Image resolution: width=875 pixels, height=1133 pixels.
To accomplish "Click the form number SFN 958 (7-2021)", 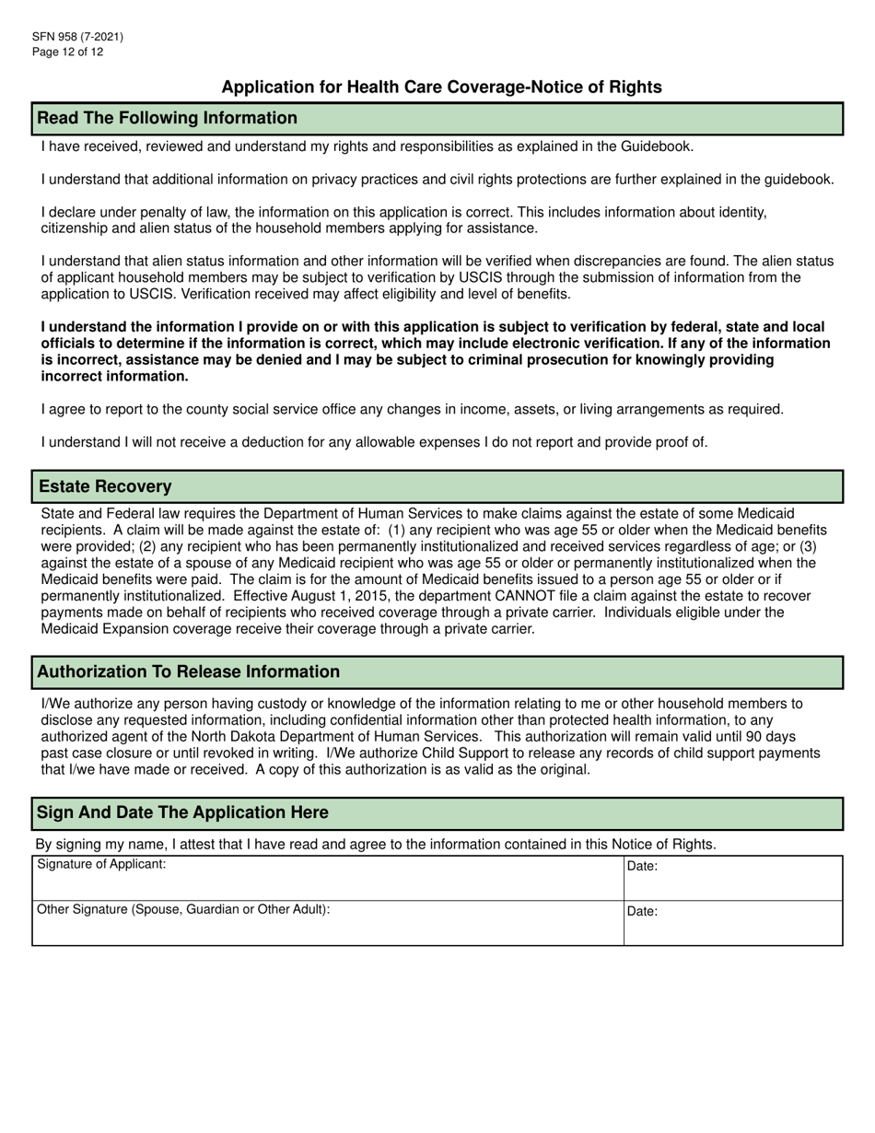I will click(x=77, y=37).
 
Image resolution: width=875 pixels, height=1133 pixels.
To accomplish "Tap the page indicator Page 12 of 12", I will click(x=67, y=52).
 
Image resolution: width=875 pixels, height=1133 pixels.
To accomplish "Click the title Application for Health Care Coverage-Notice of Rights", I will click(x=441, y=88).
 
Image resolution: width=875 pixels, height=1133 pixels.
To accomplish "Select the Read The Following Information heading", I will click(x=167, y=118).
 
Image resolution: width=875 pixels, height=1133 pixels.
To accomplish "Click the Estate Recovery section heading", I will click(x=104, y=485).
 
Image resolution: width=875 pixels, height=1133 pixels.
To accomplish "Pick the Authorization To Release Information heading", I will click(x=188, y=672).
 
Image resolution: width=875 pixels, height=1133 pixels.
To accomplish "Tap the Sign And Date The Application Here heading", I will click(x=181, y=812).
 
